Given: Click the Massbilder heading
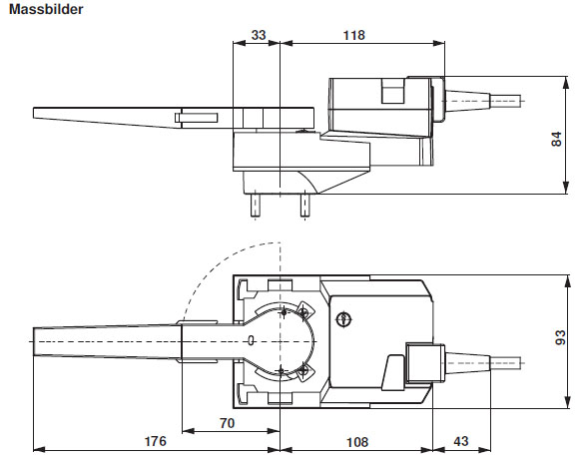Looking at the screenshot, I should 47,10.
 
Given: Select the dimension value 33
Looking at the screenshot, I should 258,34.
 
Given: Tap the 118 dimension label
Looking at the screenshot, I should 353,34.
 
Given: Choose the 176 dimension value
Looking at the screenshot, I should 154,440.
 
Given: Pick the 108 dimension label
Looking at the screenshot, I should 356,440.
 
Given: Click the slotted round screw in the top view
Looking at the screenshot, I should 343,319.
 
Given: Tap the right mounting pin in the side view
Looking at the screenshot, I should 304,205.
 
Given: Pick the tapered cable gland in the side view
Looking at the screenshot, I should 465,101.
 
